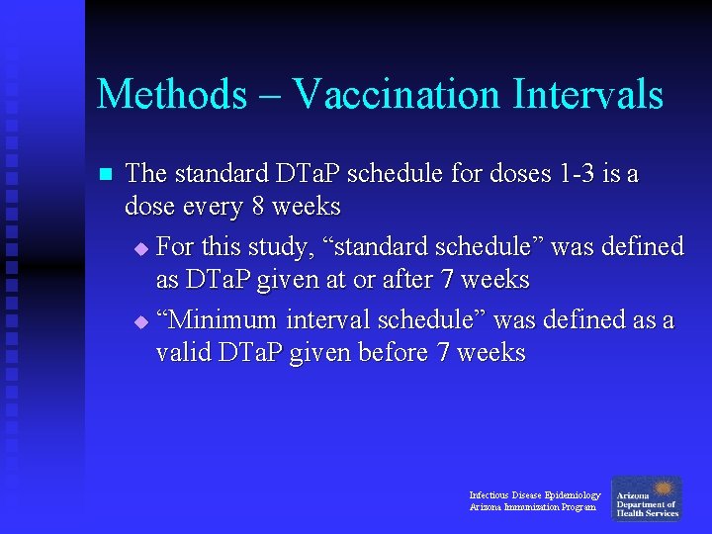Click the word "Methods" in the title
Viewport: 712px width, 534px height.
[x=172, y=95]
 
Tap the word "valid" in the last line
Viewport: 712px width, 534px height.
[x=181, y=353]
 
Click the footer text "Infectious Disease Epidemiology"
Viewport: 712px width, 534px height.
[x=534, y=494]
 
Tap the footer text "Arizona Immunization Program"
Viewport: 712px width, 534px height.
[x=532, y=507]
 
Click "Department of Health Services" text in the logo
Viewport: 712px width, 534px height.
[x=647, y=508]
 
